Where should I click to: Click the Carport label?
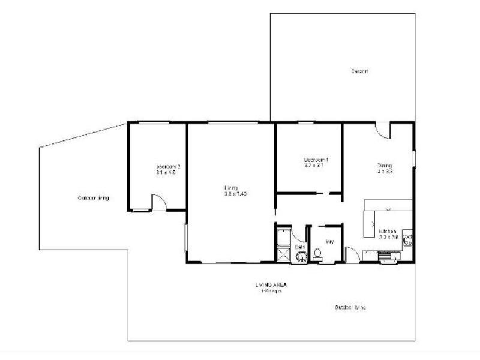pyautogui.click(x=359, y=71)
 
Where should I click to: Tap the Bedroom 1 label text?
pyautogui.click(x=316, y=160)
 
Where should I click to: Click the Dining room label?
pyautogui.click(x=385, y=166)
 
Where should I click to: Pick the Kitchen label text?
pyautogui.click(x=387, y=231)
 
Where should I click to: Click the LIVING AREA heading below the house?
pyautogui.click(x=271, y=285)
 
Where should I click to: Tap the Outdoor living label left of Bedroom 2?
pyautogui.click(x=93, y=198)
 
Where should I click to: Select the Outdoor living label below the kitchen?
pyautogui.click(x=350, y=307)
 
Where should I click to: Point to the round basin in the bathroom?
pyautogui.click(x=301, y=257)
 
